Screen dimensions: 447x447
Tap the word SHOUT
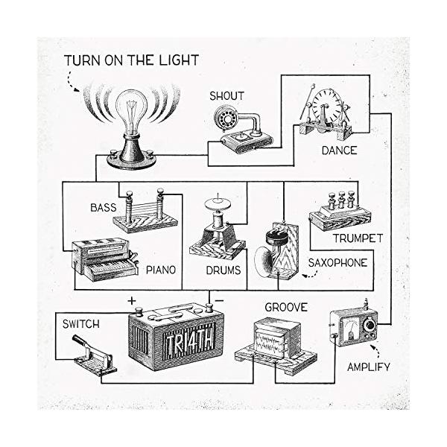click(x=226, y=95)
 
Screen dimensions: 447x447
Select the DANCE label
click(x=339, y=150)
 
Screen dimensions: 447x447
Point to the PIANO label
click(x=160, y=269)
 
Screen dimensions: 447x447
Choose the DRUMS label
click(x=222, y=270)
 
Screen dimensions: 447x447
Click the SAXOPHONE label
click(x=337, y=262)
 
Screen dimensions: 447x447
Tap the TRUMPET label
click(x=358, y=238)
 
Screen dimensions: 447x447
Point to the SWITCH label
click(x=81, y=325)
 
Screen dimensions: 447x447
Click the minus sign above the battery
click(x=221, y=300)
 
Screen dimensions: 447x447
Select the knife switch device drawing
click(x=94, y=354)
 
